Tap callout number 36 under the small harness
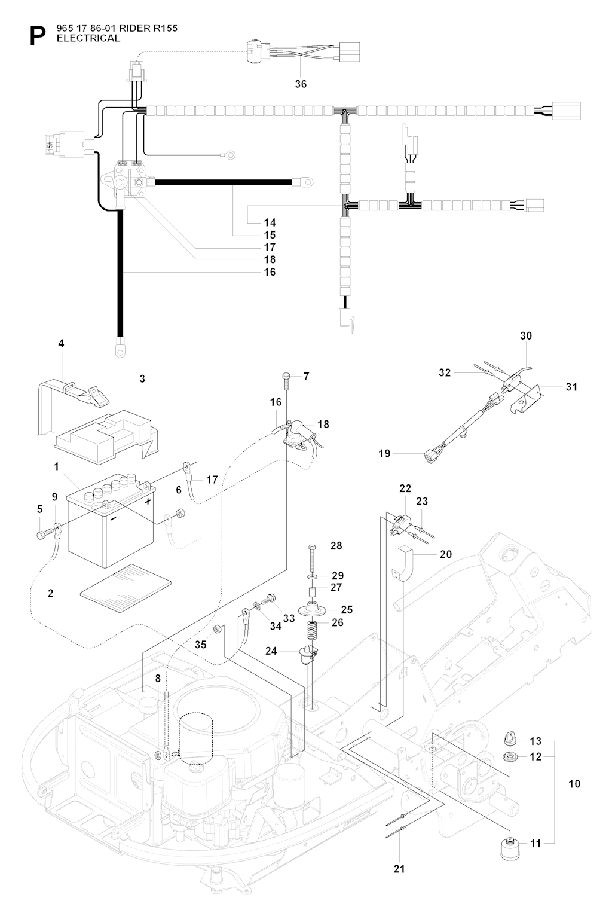pyautogui.click(x=301, y=84)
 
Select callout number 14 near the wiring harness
pyautogui.click(x=270, y=222)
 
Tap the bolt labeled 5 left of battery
pyautogui.click(x=42, y=534)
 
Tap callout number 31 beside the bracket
pyautogui.click(x=571, y=387)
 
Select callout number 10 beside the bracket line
pyautogui.click(x=574, y=783)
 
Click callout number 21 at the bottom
pyautogui.click(x=399, y=869)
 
